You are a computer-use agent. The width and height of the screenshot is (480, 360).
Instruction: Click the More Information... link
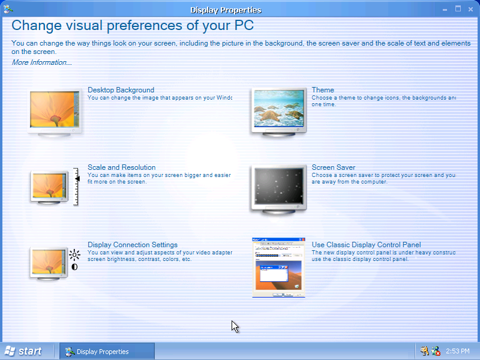coord(41,62)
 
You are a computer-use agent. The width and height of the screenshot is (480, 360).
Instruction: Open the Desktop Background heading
coord(121,90)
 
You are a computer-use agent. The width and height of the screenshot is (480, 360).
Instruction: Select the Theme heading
coord(323,90)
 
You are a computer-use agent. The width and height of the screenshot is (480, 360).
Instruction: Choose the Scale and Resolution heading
coord(122,167)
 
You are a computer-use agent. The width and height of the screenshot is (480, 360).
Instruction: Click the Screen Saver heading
coord(334,167)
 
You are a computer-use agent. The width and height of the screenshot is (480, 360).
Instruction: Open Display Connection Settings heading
coord(133,245)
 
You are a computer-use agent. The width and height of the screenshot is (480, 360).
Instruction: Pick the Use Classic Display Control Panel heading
coord(366,245)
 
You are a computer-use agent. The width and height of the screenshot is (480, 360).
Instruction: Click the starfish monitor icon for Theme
coord(278,112)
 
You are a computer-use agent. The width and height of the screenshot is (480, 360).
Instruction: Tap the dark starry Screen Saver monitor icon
coord(278,189)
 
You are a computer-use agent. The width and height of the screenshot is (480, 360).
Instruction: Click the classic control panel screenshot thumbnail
coord(278,268)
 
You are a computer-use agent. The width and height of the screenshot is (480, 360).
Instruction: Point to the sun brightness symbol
coord(74,254)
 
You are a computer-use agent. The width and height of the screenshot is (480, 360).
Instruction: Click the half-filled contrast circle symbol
coord(74,267)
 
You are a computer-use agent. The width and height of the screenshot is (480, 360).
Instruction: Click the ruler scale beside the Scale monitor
coord(76,187)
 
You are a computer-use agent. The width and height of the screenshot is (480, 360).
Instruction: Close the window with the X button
coord(470,10)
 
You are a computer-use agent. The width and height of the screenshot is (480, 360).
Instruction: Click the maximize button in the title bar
coord(458,9)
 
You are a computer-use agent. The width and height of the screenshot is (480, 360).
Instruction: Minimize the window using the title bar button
coord(445,10)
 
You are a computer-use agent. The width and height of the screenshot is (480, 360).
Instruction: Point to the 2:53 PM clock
coord(457,351)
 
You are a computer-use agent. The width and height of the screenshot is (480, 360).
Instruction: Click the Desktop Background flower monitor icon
coord(55,112)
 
